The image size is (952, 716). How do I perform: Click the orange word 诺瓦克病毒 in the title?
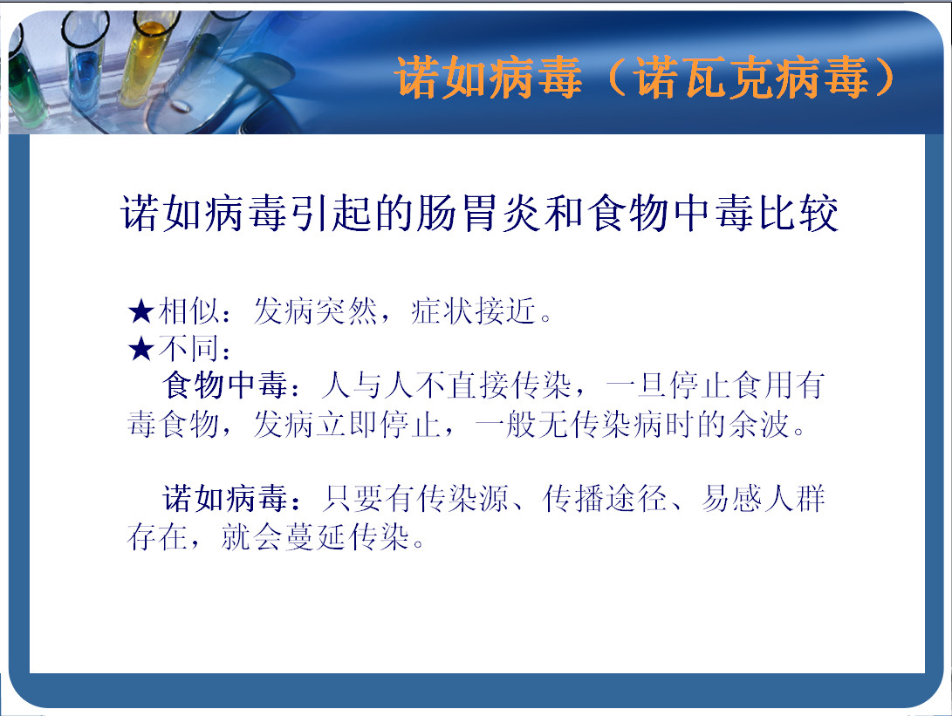pos(751,78)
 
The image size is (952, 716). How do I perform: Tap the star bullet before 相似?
pos(140,312)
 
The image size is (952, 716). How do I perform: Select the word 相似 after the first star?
pos(188,311)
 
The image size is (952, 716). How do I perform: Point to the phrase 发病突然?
pos(315,311)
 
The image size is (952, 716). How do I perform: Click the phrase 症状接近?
pos(474,311)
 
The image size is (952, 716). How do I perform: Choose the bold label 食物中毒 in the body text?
pos(224,386)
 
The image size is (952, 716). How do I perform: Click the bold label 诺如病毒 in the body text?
pos(224,499)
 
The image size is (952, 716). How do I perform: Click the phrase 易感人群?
pos(764,499)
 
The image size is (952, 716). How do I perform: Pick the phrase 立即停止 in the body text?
pos(379,424)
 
